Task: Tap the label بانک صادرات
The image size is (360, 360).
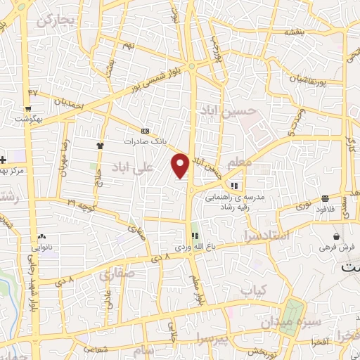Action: point(147,141)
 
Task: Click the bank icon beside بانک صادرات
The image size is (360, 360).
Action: point(146,131)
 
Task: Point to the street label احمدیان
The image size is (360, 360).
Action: point(69,103)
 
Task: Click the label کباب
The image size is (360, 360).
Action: point(254,289)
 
